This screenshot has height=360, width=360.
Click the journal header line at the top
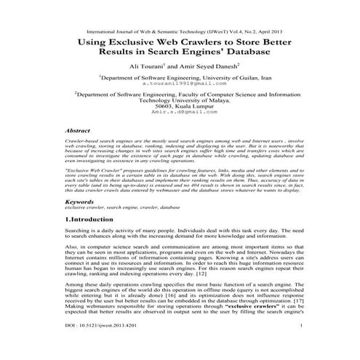point(180,33)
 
